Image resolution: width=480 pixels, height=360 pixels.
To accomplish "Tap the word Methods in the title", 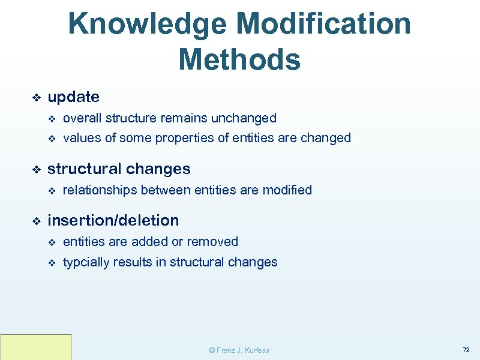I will click(239, 59).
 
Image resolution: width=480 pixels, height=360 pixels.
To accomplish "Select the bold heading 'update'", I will click(73, 97).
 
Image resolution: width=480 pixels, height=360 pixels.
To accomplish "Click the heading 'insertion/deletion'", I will click(113, 220).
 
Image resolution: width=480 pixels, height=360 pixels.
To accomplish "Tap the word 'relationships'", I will click(100, 190).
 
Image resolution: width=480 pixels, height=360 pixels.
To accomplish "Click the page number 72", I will click(466, 349).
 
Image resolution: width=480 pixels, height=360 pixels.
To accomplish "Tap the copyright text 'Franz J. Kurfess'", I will click(242, 350).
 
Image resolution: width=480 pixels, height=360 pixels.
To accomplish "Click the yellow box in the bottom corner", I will click(36, 347).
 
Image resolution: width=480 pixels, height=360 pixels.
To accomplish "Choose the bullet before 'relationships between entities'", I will click(51, 191).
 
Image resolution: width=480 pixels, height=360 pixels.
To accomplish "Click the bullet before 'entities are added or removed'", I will click(51, 242).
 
